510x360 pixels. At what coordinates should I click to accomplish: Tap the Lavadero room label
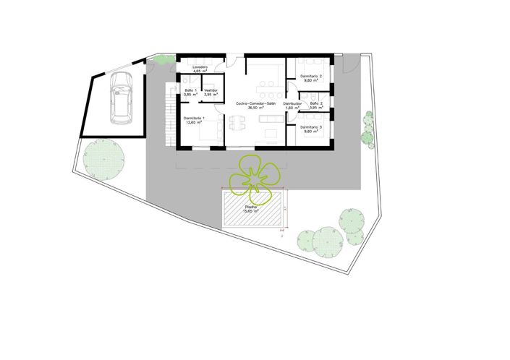(x=200, y=67)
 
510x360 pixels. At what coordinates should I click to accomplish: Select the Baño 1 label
(x=190, y=90)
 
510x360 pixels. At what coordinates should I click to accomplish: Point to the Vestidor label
(x=211, y=90)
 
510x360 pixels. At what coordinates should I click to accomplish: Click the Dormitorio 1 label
(x=194, y=118)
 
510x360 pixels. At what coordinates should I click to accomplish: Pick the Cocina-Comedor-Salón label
(x=256, y=104)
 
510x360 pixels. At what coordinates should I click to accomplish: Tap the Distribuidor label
(x=292, y=104)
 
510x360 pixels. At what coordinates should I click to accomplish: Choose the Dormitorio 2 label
(x=312, y=76)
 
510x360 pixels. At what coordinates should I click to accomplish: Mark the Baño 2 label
(x=316, y=103)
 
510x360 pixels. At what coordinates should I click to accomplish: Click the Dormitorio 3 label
(x=312, y=127)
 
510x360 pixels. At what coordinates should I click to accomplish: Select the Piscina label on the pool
(x=252, y=207)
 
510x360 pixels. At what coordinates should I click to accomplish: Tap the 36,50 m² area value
(x=256, y=108)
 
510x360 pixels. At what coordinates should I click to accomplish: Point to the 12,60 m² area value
(x=194, y=122)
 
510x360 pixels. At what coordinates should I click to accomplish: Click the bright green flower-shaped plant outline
(x=254, y=176)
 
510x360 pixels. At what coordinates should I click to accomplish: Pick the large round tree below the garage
(x=102, y=159)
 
